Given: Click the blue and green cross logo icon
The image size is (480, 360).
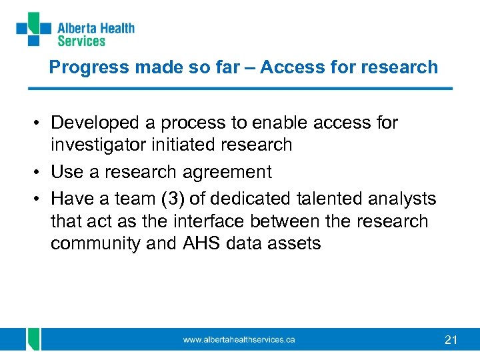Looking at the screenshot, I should [33, 29].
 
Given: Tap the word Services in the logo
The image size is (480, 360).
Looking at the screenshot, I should [81, 41].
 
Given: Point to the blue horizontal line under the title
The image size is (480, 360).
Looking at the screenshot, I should [240, 89].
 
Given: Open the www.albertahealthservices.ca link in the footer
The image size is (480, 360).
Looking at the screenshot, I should [239, 340].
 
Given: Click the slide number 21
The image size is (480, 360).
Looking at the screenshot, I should [451, 341].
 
